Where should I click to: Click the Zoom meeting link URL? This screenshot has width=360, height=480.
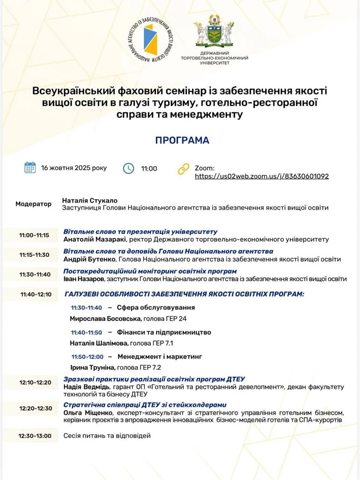[x=262, y=176]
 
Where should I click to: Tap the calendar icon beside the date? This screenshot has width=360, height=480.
[x=30, y=168]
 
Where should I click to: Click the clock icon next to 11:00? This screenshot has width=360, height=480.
[x=129, y=168]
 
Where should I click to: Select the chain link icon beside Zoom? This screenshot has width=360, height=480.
[x=183, y=168]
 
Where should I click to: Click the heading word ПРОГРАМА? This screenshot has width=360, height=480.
[x=182, y=140]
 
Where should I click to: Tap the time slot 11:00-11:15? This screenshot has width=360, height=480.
[x=34, y=235]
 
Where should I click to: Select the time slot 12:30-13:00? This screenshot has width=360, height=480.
[x=35, y=436]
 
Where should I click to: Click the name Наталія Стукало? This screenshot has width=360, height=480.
[x=90, y=200]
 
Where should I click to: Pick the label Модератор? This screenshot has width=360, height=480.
[x=34, y=204]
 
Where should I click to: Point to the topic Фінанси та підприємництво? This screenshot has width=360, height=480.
[x=164, y=332]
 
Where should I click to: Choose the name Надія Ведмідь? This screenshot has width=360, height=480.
[x=87, y=386]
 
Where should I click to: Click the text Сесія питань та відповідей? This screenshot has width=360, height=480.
[x=107, y=436]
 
